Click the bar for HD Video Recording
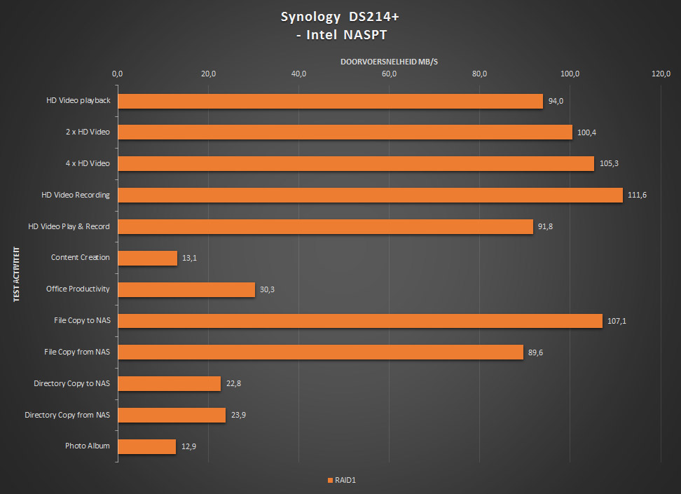coord(370,195)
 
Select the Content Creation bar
coord(147,258)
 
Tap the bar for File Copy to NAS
coord(360,321)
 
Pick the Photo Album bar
coord(146,446)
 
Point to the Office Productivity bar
coord(186,289)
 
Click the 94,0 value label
coord(556,101)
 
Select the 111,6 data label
coord(637,195)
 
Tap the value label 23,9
coord(238,415)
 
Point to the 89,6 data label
coord(536,352)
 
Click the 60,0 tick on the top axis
coord(390,74)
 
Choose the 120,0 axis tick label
coord(661,74)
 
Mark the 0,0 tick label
coord(118,74)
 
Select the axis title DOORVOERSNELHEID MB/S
coord(389,62)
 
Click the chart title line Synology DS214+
coord(340,17)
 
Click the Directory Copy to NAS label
coord(72,383)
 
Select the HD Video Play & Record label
coord(69,226)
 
